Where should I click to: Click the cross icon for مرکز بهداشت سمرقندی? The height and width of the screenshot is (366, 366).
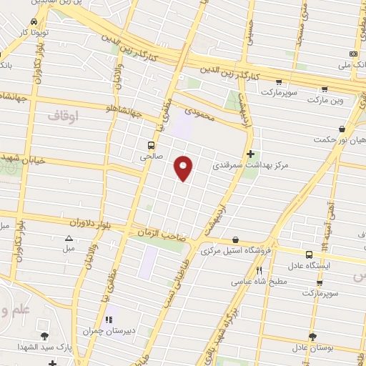[250, 153]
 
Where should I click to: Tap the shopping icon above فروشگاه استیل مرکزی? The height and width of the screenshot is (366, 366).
[236, 241]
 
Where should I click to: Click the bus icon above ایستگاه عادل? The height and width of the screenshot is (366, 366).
[309, 254]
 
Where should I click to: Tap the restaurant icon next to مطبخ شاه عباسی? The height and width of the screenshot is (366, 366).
[259, 271]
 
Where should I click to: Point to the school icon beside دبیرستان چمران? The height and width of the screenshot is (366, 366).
[109, 320]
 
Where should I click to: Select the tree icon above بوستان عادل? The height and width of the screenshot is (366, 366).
[312, 336]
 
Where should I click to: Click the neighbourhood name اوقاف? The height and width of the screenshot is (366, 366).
[63, 114]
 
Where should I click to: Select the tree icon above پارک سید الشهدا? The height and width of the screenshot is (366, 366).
[45, 336]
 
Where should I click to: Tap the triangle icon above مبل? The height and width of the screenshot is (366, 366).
[69, 239]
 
